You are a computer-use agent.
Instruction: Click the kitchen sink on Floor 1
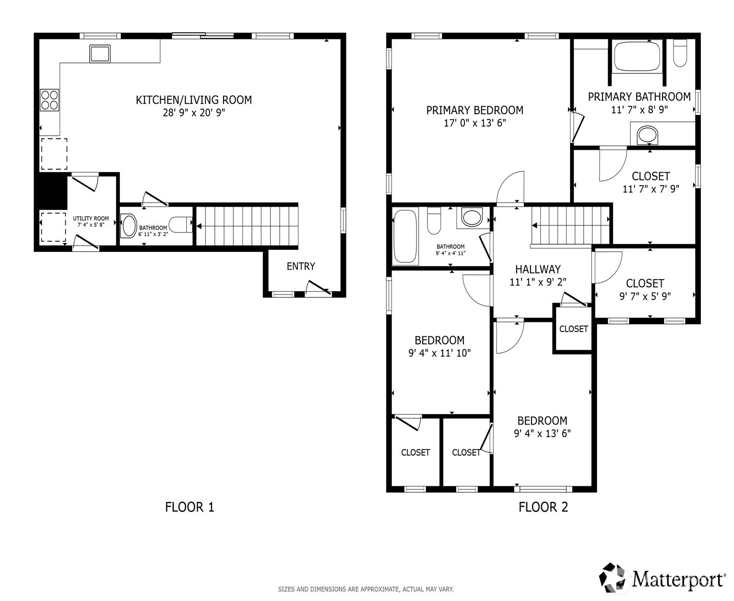100,54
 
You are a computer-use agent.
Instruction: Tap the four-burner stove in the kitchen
49,100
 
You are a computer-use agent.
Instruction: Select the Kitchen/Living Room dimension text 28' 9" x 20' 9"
194,113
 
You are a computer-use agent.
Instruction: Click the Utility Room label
91,219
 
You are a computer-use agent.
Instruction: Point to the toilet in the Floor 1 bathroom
180,225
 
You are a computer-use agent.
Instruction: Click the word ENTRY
301,266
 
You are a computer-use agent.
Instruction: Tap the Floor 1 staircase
247,226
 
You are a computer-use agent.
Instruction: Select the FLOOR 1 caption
189,507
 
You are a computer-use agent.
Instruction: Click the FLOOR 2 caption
543,507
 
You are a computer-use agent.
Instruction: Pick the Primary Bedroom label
475,110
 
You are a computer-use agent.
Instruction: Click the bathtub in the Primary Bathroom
637,57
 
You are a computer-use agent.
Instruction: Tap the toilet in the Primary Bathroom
680,53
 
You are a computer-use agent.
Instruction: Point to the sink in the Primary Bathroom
647,134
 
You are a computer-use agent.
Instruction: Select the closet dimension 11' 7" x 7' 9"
651,189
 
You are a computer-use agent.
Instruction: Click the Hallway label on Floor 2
538,270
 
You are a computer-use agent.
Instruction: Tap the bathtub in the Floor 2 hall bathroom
405,236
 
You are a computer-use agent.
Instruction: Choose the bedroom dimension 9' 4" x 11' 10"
439,353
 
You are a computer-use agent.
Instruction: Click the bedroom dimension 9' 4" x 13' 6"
542,434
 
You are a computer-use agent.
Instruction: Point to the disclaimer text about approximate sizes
366,589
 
